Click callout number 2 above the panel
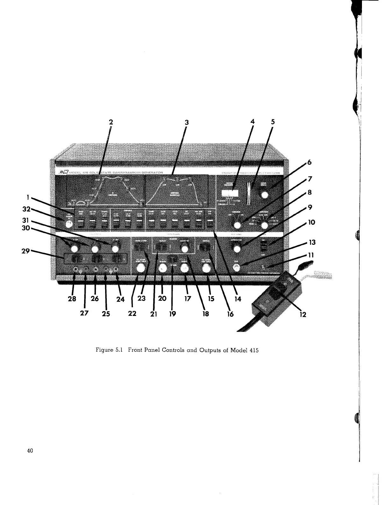[x=111, y=122]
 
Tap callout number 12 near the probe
[x=303, y=315]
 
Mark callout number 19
[x=172, y=314]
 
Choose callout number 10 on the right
[x=311, y=222]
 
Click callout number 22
[x=132, y=314]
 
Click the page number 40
[x=31, y=451]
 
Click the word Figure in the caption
[x=103, y=351]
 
